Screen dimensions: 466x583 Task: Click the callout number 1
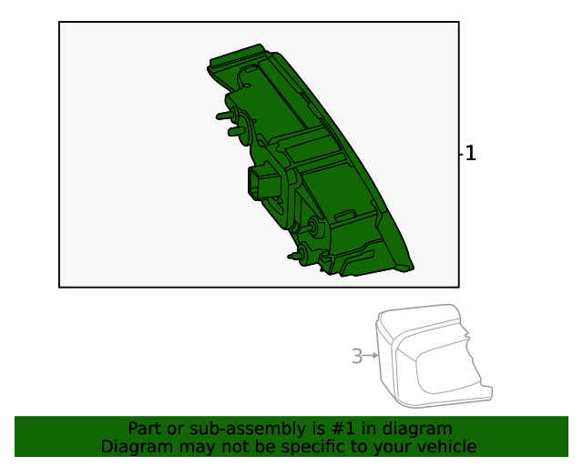tap(470, 154)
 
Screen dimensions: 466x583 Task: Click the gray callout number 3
tap(357, 357)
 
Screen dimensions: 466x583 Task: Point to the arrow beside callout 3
tap(371, 355)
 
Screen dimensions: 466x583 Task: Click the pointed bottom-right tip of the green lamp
tap(412, 269)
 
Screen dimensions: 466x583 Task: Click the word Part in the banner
tap(145, 429)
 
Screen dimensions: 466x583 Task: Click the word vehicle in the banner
tap(446, 447)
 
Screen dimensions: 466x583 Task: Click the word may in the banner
tap(189, 447)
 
